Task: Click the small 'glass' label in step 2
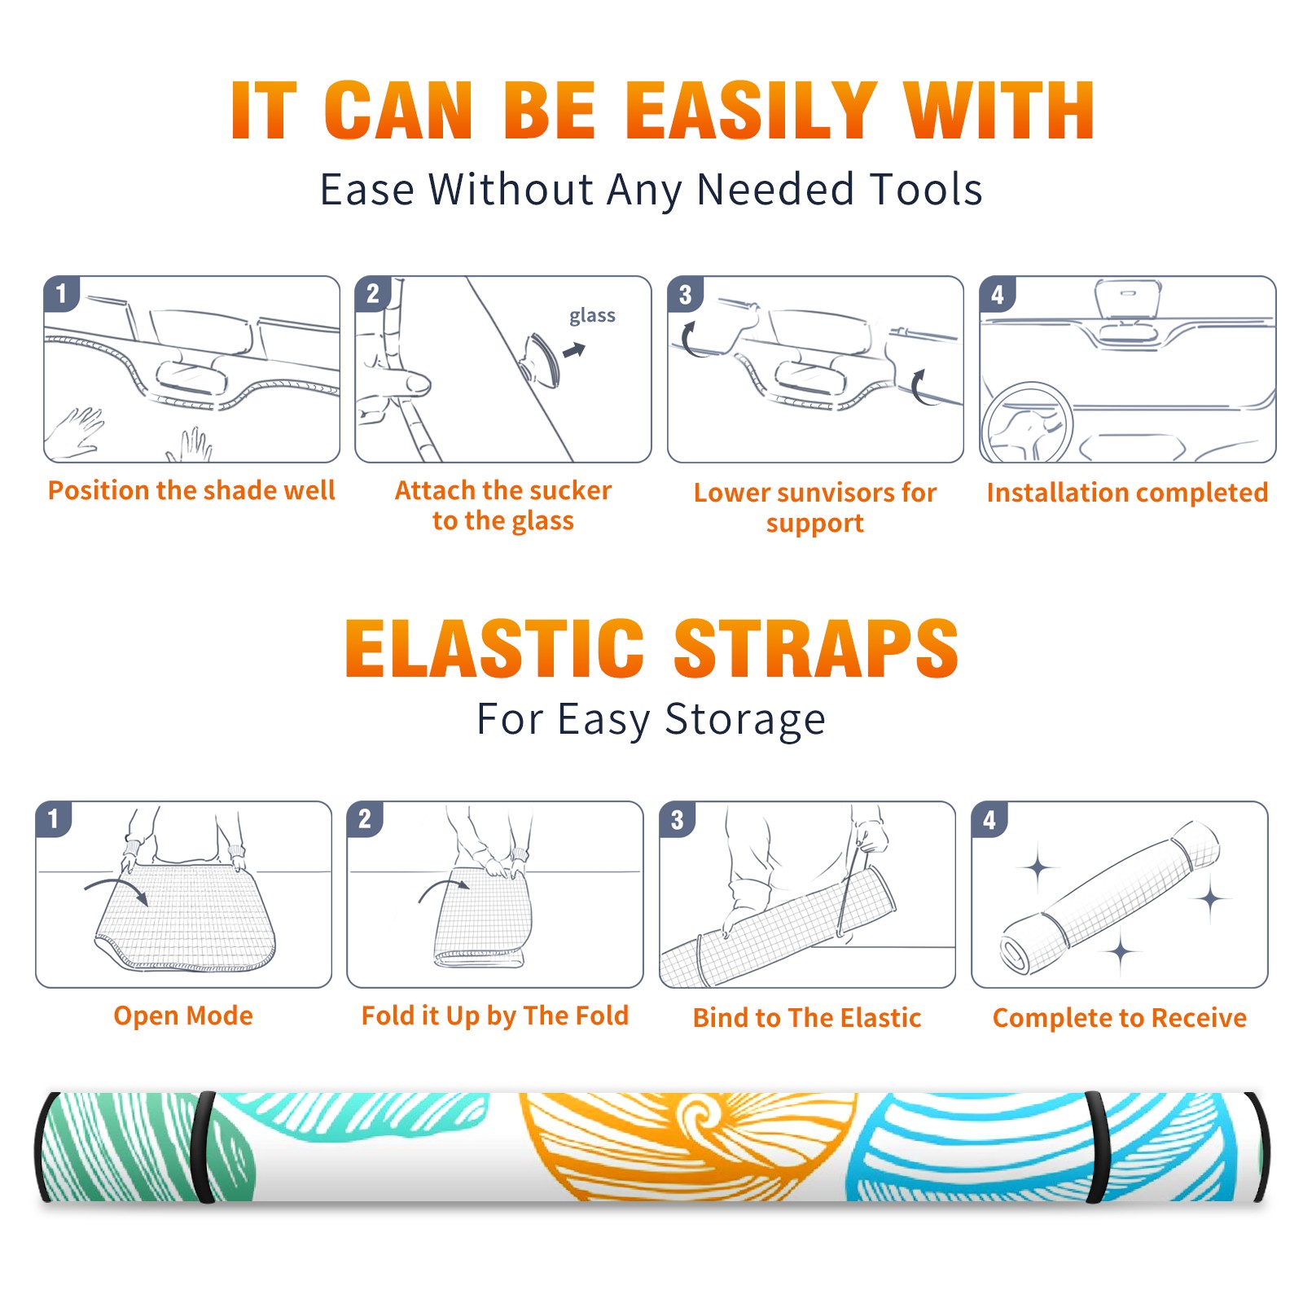(592, 316)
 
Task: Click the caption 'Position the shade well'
(191, 490)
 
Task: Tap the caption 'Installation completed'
(1127, 493)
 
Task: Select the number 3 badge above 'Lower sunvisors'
(685, 294)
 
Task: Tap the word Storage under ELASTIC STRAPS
(745, 719)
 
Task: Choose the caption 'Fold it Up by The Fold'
(495, 1016)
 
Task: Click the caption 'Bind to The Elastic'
(807, 1018)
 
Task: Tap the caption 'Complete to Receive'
(1120, 1018)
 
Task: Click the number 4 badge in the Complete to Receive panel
(989, 819)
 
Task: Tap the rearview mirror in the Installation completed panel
(1127, 299)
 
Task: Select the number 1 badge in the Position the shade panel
(61, 293)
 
